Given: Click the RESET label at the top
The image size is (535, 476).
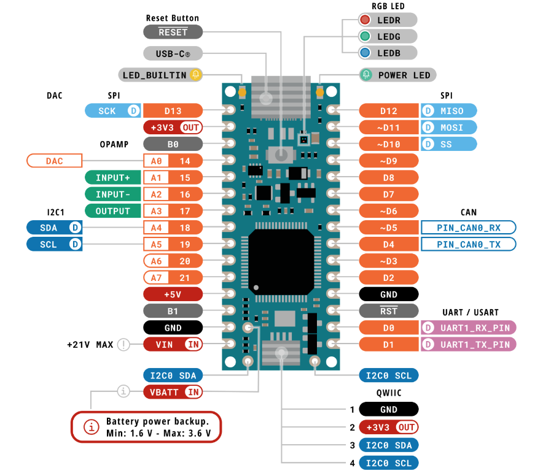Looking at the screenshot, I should point(173,32).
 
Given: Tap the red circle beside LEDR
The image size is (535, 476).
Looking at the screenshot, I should point(365,20).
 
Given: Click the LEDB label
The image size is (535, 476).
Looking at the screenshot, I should point(388,53).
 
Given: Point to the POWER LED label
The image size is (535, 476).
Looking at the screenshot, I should point(404,75).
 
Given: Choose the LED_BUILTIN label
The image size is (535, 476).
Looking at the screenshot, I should point(154,75).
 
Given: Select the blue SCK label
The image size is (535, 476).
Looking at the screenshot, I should point(107,111).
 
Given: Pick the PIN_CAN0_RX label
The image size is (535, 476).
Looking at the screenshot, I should point(468,228).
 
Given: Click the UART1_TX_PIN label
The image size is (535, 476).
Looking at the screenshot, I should point(475,344).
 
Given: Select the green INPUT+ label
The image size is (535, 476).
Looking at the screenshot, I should point(112,178).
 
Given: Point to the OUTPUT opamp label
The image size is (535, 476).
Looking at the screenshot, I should point(112,211).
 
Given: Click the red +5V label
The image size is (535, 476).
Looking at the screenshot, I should point(173,294).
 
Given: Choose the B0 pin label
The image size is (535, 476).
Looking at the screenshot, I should point(173,144).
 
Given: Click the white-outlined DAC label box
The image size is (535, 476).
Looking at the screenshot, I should point(54,161).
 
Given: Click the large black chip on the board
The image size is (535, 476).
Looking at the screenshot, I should point(281,258).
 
